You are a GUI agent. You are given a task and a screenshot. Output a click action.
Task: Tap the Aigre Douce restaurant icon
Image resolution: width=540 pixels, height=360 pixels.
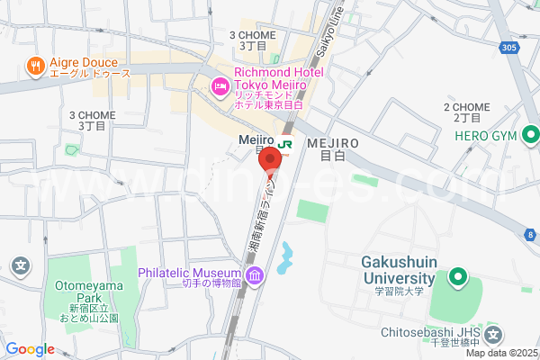pyautogui.click(x=36, y=65)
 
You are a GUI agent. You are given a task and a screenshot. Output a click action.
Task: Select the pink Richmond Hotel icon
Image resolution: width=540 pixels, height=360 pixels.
pyautogui.click(x=220, y=87)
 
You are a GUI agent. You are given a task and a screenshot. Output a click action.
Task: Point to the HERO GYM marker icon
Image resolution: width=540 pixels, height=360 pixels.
pyautogui.click(x=530, y=137)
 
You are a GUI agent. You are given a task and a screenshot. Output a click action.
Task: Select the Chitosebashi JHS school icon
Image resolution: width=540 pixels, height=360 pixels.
pyautogui.click(x=492, y=335)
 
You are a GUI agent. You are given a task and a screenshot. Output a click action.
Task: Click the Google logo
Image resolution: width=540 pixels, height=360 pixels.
pyautogui.click(x=31, y=349)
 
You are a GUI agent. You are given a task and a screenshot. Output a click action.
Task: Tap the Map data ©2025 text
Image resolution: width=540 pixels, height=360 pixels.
pyautogui.click(x=500, y=353)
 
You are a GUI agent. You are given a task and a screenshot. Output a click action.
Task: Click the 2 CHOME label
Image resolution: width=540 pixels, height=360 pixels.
pyautogui.click(x=466, y=112)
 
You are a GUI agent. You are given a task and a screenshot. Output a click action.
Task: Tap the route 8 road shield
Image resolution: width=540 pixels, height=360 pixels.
pyautogui.click(x=530, y=234)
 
